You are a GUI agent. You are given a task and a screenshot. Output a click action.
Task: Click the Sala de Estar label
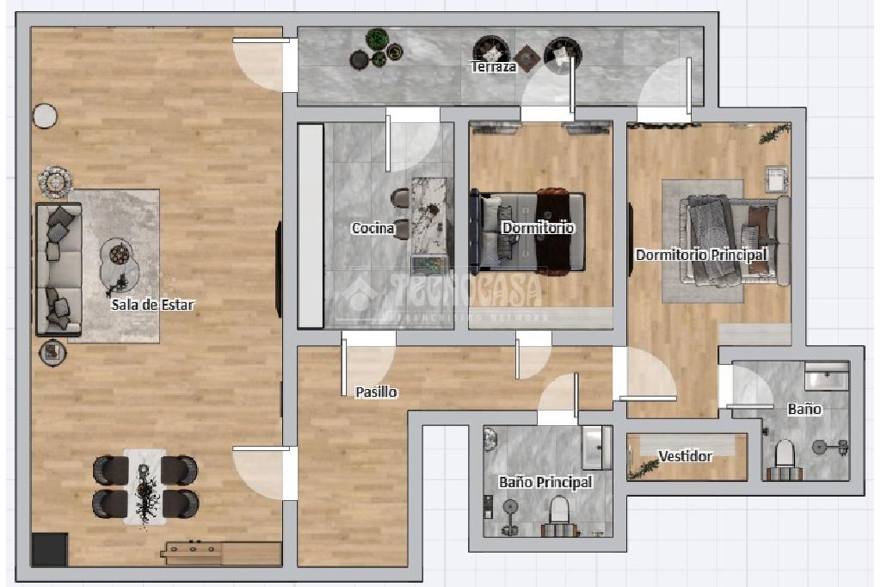[x=152, y=305]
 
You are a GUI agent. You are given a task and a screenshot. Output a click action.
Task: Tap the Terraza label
[x=493, y=67]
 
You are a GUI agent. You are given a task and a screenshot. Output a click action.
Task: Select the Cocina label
[x=373, y=228]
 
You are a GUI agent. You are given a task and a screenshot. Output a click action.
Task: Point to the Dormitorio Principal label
[x=701, y=255]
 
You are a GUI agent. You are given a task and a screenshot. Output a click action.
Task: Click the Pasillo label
[x=377, y=392]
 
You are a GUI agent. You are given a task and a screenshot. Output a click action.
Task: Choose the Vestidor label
[x=686, y=456]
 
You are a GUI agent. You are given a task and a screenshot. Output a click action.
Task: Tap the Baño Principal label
[x=545, y=482]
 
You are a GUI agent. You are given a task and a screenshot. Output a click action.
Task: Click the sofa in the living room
[x=59, y=269]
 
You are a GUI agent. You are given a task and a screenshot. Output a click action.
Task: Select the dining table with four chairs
[x=145, y=487]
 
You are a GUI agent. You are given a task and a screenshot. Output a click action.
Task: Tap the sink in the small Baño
[x=827, y=375]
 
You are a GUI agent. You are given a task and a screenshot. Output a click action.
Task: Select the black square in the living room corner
[x=49, y=549]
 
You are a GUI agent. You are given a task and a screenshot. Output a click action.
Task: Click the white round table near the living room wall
[x=45, y=116]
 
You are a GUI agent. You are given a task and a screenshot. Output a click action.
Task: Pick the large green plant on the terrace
[x=377, y=40]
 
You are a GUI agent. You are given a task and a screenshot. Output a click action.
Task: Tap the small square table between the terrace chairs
[x=527, y=58]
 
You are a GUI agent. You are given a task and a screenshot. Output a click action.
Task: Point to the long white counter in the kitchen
[x=310, y=226]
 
